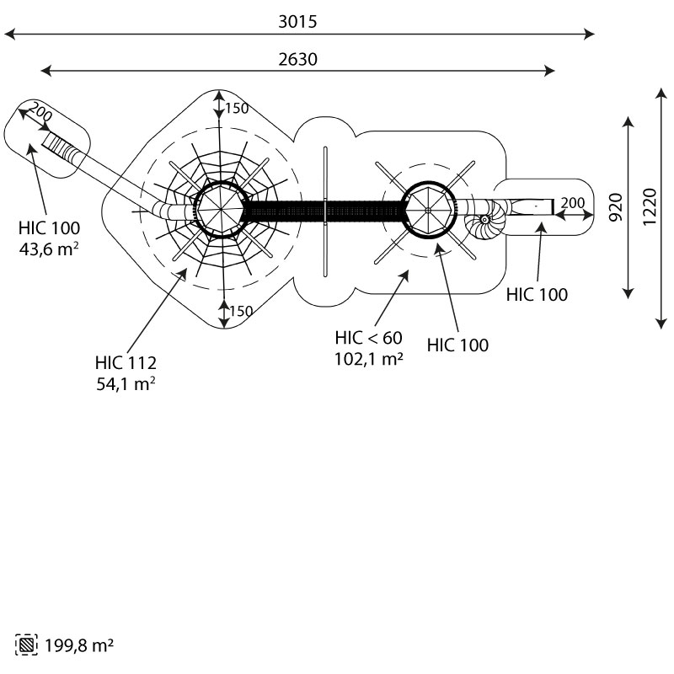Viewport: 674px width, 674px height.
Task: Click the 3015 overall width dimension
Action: (x=297, y=22)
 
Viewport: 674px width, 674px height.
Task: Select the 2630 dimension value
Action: (x=297, y=59)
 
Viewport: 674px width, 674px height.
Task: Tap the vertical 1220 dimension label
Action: (x=650, y=206)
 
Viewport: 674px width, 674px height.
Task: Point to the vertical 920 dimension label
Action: (x=616, y=207)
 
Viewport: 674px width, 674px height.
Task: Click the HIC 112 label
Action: (x=126, y=363)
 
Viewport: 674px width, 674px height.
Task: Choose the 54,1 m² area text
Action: (x=126, y=384)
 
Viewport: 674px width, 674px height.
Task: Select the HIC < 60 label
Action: (x=369, y=338)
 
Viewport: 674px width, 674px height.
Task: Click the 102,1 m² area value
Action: (x=369, y=359)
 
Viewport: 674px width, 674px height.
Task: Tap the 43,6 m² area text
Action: (x=49, y=249)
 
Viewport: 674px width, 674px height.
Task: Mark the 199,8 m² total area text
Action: (x=79, y=645)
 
